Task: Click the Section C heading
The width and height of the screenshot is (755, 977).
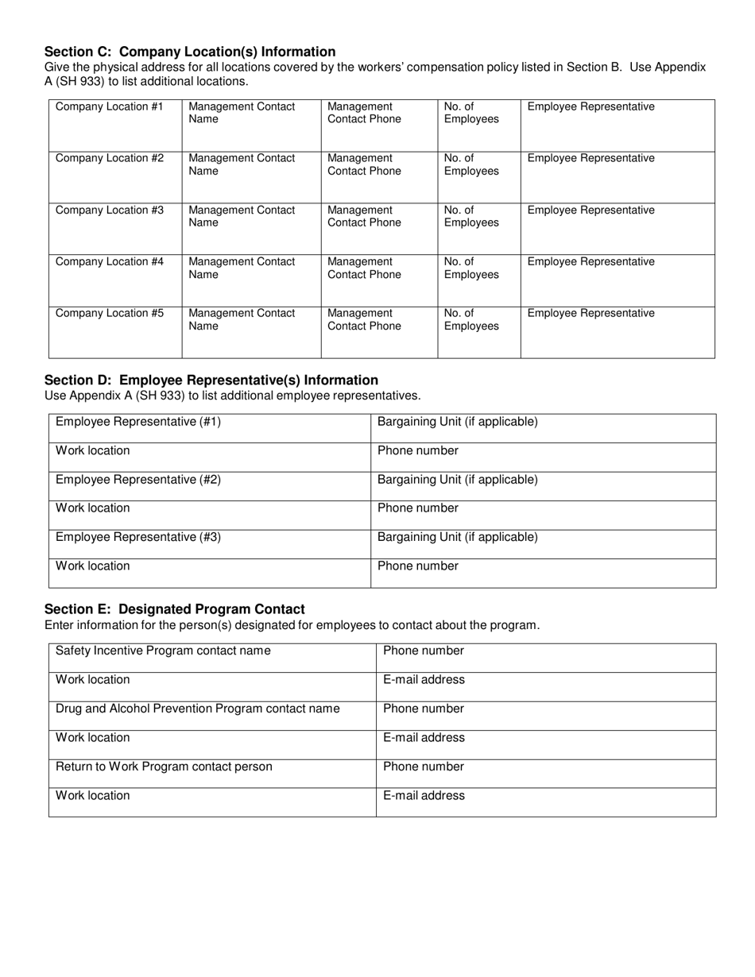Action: point(190,52)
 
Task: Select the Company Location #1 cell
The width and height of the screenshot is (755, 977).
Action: point(109,107)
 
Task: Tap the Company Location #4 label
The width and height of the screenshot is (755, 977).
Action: point(109,262)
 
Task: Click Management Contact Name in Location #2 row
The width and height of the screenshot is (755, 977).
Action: point(242,164)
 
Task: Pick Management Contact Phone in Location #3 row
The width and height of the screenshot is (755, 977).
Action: point(364,216)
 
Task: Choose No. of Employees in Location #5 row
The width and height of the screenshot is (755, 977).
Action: point(471,319)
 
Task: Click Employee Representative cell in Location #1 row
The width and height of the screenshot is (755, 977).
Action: point(590,107)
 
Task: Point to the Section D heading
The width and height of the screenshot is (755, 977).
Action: point(211,380)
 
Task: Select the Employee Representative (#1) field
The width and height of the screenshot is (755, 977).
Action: point(138,422)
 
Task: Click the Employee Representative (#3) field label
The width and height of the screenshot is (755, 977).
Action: point(138,537)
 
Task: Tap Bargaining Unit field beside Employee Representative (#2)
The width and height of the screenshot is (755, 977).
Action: point(457,480)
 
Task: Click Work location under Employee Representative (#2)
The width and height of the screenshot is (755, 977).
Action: point(92,508)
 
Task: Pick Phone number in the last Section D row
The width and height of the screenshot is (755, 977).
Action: point(417,566)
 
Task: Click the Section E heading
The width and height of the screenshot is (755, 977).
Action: point(175,609)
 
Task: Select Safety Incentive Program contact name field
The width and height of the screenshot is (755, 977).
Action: point(163,651)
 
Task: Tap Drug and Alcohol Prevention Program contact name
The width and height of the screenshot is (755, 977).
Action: point(197,709)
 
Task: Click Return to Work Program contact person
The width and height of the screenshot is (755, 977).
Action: point(164,767)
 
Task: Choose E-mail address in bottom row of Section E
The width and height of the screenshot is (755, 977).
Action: point(424,796)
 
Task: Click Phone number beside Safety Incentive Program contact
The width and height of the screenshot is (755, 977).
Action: point(423,651)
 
